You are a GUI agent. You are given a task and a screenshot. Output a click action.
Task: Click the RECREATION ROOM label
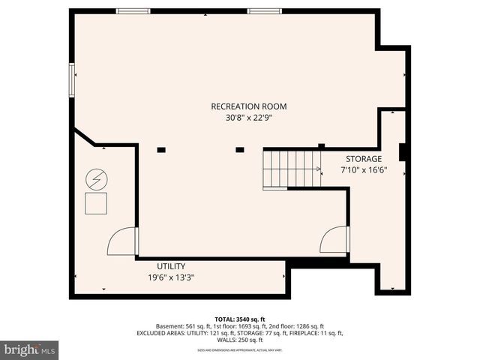point(248,106)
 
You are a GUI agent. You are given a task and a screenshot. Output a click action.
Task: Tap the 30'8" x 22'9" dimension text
point(248,117)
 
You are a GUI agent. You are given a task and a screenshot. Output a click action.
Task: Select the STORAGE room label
point(364,159)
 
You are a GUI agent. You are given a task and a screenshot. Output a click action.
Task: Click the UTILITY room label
point(171,266)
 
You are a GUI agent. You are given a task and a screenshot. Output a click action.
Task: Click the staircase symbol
point(292,169)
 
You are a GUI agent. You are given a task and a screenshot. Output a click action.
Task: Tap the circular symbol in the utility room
point(96,179)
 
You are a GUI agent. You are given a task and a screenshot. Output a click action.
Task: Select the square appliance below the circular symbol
point(96,202)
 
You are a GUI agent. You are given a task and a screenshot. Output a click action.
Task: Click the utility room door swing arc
point(121,242)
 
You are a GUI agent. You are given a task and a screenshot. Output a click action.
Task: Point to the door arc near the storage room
point(334,241)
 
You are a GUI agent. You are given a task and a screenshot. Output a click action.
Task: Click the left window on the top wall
point(133,10)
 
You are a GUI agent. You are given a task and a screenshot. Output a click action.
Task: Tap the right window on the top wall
point(265,10)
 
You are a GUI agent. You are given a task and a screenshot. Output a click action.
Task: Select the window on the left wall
point(72,79)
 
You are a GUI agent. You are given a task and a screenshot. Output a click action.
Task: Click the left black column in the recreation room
point(161,150)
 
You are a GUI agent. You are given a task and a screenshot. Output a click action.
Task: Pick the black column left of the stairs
point(240,150)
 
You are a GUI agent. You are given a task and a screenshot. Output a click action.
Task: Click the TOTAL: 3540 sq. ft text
point(240,319)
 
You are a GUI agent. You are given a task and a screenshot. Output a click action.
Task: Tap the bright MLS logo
point(30,349)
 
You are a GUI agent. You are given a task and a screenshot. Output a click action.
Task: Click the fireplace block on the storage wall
point(403,151)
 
